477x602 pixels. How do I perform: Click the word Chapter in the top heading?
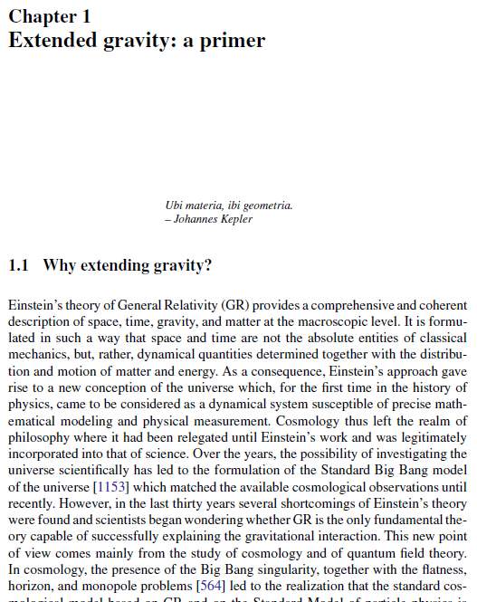point(41,16)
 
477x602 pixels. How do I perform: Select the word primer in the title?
point(234,41)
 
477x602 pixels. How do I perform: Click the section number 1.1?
point(19,265)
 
